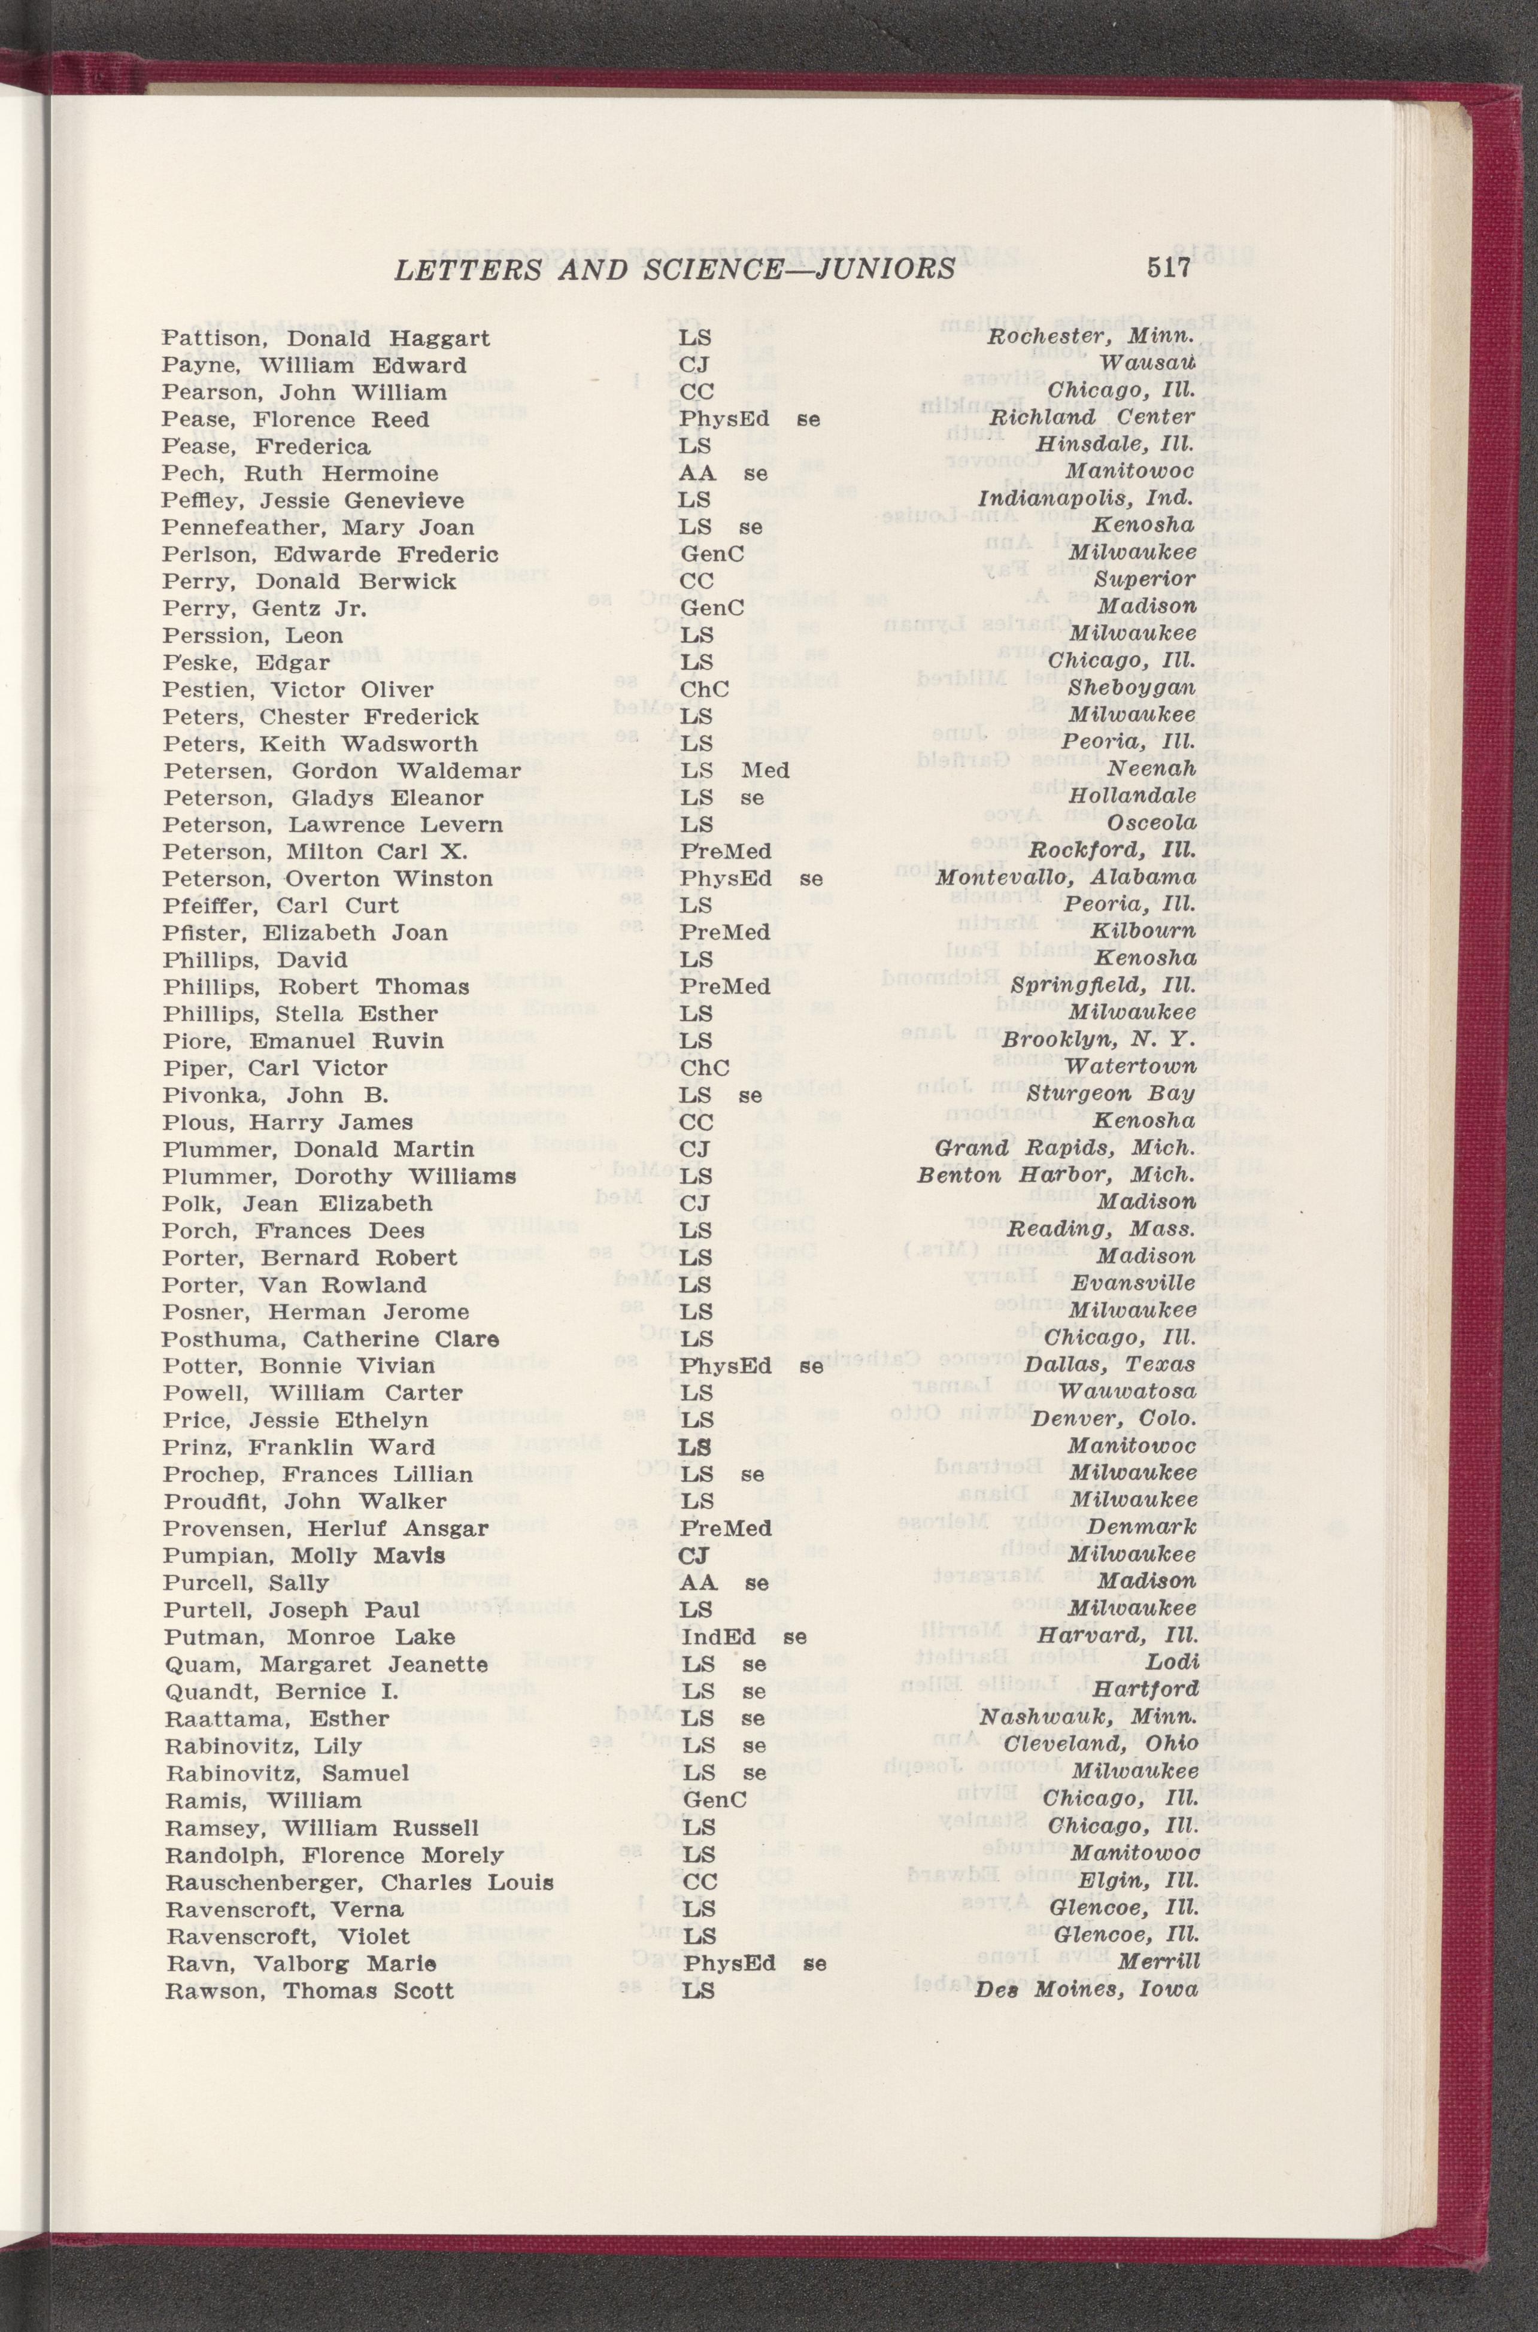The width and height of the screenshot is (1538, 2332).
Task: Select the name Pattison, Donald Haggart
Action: pyautogui.click(x=327, y=339)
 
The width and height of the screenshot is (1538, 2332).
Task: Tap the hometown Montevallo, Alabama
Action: pyautogui.click(x=1065, y=877)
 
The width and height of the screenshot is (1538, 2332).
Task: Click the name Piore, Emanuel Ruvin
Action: pyautogui.click(x=303, y=1040)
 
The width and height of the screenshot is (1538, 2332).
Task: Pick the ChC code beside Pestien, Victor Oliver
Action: pyautogui.click(x=705, y=688)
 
